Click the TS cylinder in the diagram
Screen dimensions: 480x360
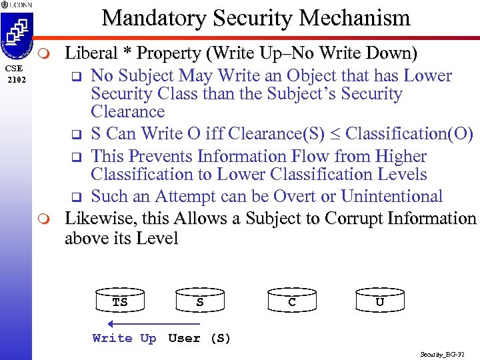pos(119,301)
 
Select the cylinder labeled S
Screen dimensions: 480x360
pos(200,301)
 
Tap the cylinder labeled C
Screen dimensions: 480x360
pos(292,301)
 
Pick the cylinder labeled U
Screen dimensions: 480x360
pos(379,301)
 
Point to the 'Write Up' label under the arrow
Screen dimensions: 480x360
pos(124,338)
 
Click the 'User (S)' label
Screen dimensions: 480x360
pos(199,338)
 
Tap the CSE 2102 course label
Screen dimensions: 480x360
pos(14,73)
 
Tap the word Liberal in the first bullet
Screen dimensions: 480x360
pos(91,53)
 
